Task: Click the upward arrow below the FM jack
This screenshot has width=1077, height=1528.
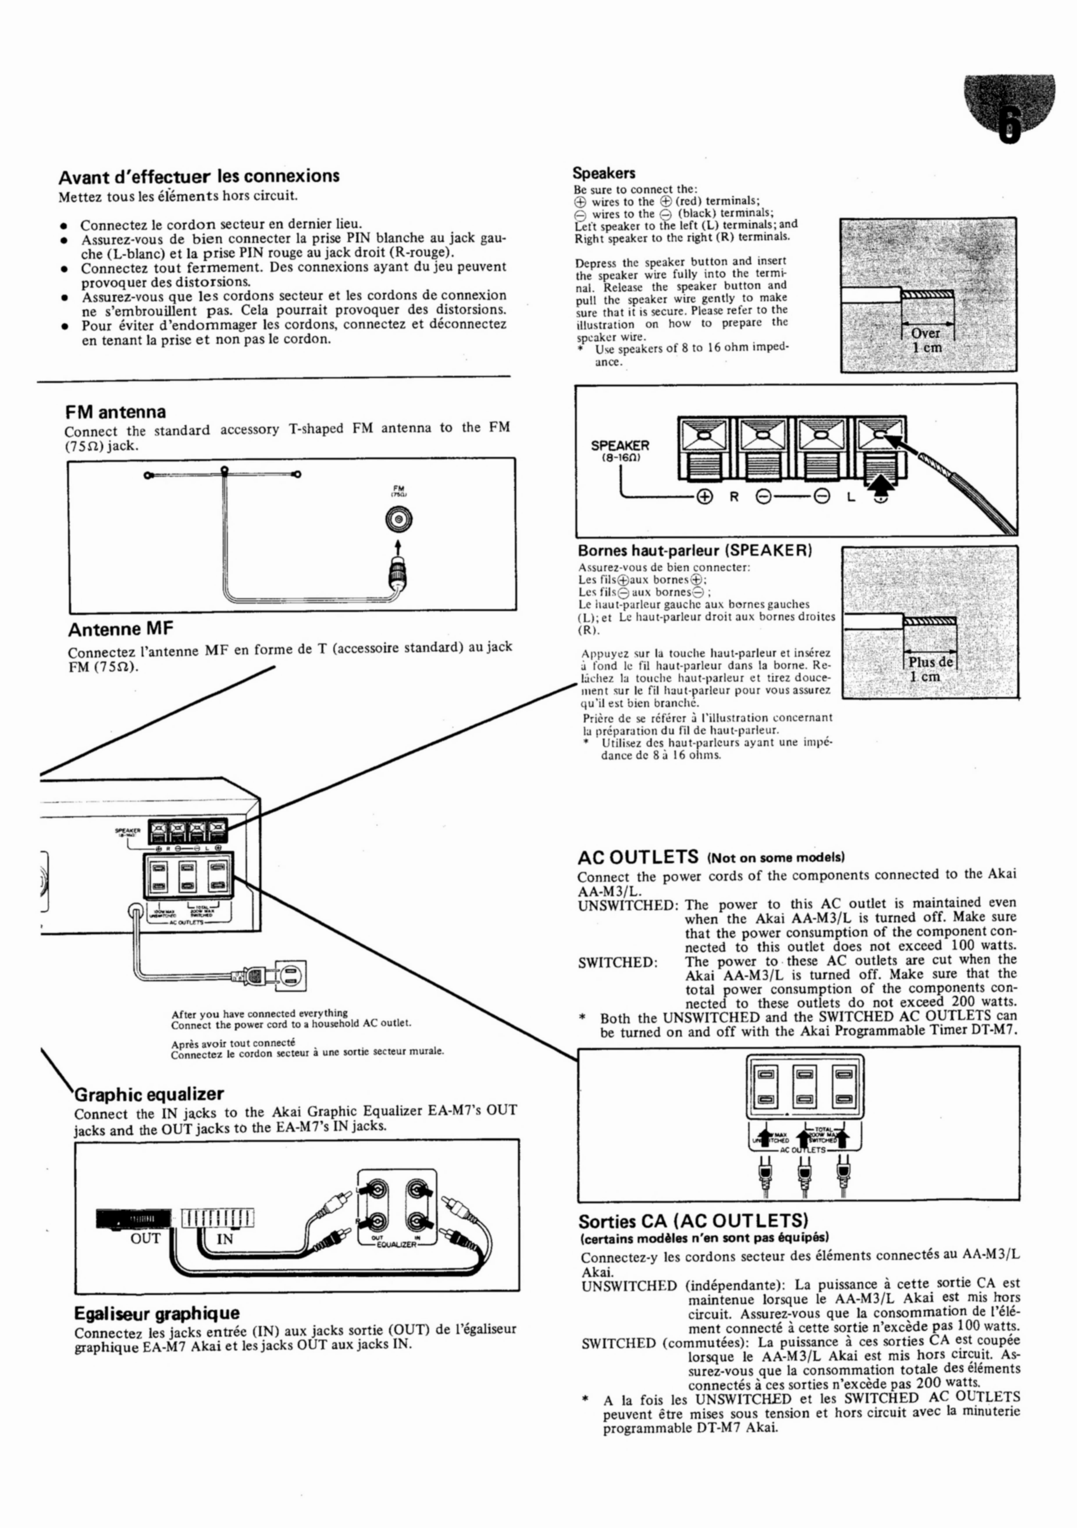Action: click(398, 546)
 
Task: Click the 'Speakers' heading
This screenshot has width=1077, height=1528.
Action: click(603, 173)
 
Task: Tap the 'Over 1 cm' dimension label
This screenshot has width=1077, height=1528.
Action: click(926, 340)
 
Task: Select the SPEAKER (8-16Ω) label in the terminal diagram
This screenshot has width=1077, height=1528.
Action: click(620, 450)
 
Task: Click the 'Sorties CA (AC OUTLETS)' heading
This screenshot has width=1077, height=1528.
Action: click(692, 1221)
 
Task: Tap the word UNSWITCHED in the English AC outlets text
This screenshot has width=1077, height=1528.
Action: click(627, 905)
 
